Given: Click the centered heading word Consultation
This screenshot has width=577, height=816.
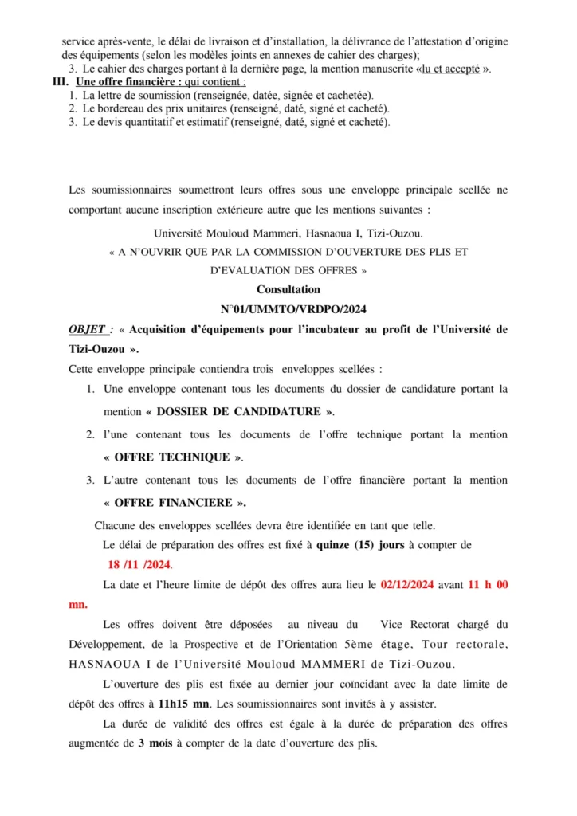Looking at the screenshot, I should tap(288, 290).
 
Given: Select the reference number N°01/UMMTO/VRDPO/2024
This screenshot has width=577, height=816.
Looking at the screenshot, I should tap(288, 309).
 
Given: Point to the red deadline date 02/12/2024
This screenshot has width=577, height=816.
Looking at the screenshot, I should tap(406, 585).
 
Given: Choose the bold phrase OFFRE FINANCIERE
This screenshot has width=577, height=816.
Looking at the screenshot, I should tap(175, 502).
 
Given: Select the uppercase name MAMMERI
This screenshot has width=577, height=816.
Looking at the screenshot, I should tap(382, 665).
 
